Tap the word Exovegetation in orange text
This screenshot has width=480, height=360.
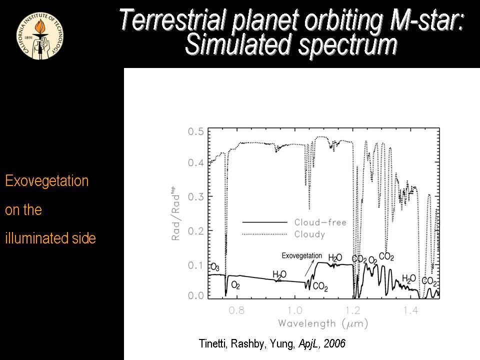(x=46, y=181)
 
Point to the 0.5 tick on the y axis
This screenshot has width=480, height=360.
(x=195, y=131)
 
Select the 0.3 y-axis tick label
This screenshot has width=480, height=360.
(x=195, y=196)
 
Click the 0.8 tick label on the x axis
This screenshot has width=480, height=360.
(x=236, y=310)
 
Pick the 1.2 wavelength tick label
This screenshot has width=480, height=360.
(x=353, y=310)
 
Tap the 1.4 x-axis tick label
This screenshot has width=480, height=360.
(x=411, y=310)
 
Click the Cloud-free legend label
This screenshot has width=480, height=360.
(x=320, y=222)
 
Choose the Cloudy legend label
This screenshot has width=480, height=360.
(x=309, y=234)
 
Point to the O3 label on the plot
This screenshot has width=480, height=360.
(x=215, y=266)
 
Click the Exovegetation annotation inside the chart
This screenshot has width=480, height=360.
(x=301, y=256)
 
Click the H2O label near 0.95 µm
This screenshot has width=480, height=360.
(x=279, y=274)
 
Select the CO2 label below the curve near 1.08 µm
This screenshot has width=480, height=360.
(x=320, y=287)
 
